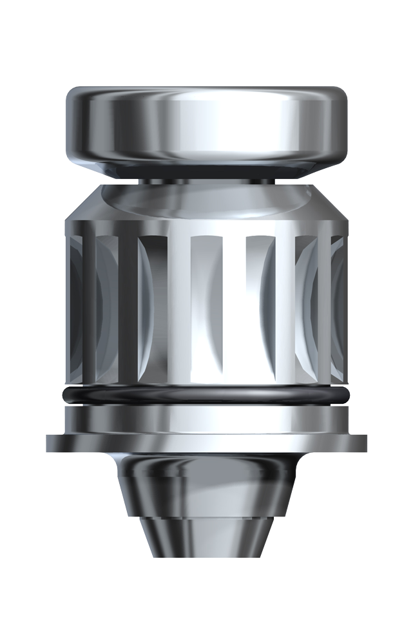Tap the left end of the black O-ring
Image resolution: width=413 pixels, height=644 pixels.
click(x=62, y=395)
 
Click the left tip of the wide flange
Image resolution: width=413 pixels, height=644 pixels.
click(x=50, y=443)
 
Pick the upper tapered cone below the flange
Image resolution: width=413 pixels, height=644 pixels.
click(x=206, y=483)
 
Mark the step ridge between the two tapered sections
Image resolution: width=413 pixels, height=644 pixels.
click(x=206, y=516)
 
